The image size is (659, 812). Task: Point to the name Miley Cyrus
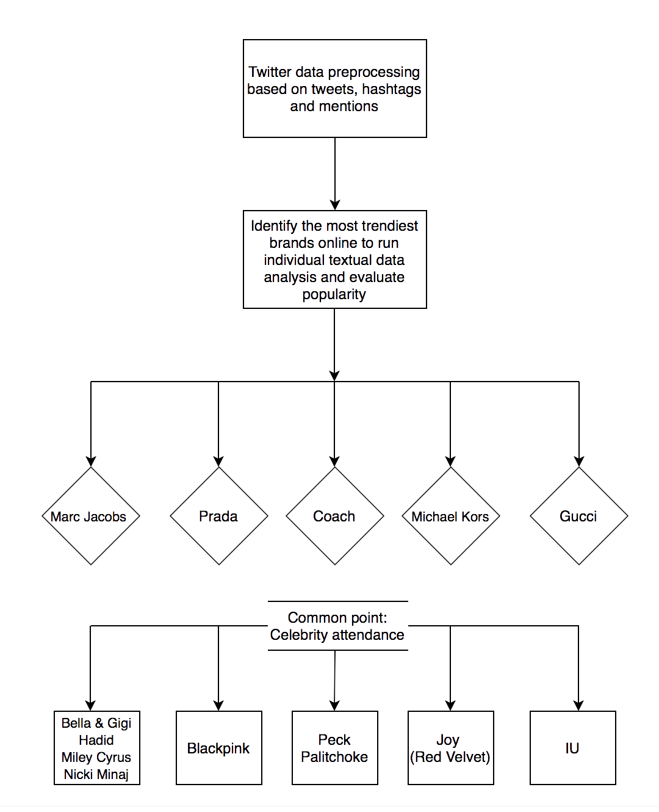[96, 757]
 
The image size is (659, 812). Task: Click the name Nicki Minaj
[96, 774]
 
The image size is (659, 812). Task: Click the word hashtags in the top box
[391, 89]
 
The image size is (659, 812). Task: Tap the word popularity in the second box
[334, 294]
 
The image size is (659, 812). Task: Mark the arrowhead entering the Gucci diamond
[578, 462]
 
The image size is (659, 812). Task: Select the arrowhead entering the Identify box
[335, 205]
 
